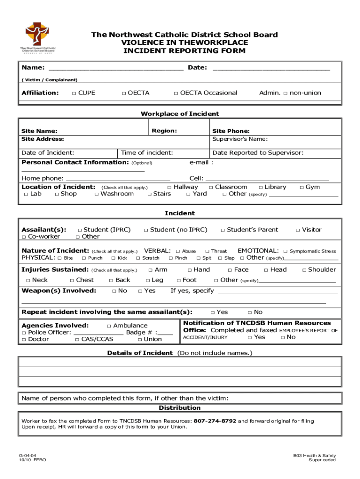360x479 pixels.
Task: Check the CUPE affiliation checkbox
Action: coord(74,93)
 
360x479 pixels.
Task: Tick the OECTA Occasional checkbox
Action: coord(176,93)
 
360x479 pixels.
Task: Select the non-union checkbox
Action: coord(286,93)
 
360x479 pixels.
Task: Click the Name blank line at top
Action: coord(115,68)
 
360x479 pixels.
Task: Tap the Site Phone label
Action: coord(231,131)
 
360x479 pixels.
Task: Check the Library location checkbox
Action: coord(260,187)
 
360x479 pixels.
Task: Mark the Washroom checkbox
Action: coord(96,194)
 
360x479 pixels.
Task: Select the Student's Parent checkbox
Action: coord(223,230)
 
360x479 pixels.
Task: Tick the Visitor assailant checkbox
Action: coord(298,230)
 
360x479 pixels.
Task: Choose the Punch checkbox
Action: coord(84,258)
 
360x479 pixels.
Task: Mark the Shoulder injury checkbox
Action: coord(304,270)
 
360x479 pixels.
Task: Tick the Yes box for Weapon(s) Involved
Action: coord(140,291)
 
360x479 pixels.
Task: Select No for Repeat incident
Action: coord(250,312)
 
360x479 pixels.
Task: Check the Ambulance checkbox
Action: coord(109,326)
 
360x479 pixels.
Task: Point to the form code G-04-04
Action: coord(28,455)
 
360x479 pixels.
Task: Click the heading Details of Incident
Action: coord(140,353)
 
